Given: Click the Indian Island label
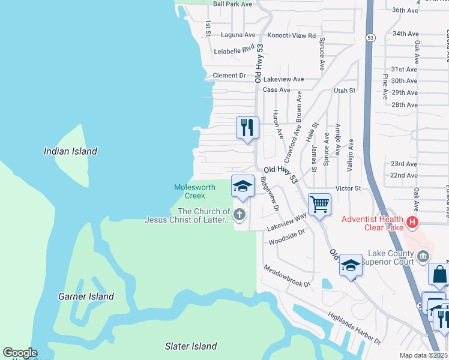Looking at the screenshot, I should [x=70, y=151].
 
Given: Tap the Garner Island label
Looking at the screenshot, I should [x=86, y=296].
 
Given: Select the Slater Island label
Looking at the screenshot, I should [x=191, y=346].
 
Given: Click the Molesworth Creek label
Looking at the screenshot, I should [x=194, y=191].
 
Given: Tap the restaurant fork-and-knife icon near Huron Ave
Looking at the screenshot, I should [x=247, y=128].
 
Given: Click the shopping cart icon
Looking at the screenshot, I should [x=319, y=205].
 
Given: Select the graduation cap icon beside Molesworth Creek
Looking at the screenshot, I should [x=243, y=186].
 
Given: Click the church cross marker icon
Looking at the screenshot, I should [x=240, y=214].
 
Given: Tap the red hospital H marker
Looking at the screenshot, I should [x=412, y=223].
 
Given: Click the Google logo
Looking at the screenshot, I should [x=20, y=353].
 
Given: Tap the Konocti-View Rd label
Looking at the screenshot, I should [x=291, y=36].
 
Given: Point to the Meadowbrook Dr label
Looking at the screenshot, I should [x=286, y=276].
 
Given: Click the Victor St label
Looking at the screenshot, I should [x=348, y=188].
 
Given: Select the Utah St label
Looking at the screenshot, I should [x=345, y=90].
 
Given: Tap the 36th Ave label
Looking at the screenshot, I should [x=404, y=10].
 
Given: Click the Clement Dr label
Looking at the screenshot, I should [x=229, y=76].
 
